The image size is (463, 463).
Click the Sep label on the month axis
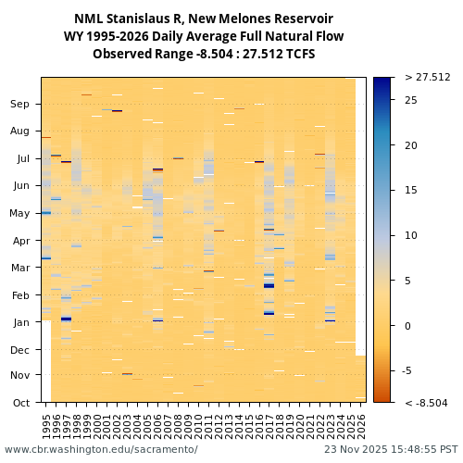(x=20, y=105)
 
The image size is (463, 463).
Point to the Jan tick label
(x=20, y=322)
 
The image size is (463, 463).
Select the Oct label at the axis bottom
(x=20, y=403)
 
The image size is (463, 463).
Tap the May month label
(x=19, y=213)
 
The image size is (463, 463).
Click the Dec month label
(x=20, y=350)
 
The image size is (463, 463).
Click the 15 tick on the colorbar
(x=411, y=191)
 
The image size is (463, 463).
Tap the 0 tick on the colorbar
(x=408, y=326)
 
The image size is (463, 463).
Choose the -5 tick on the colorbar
(x=410, y=370)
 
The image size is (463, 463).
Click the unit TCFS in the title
(x=295, y=54)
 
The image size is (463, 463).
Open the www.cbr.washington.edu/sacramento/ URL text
(x=101, y=449)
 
